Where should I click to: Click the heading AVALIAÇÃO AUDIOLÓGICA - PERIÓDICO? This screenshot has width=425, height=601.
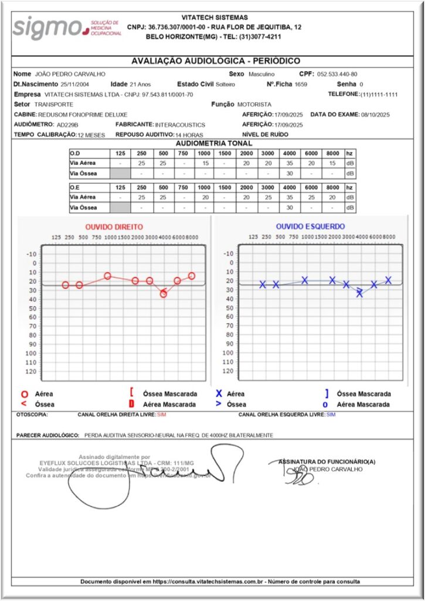[216, 61]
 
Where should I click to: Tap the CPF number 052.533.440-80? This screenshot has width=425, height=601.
[337, 75]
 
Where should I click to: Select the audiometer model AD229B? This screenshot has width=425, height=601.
[67, 125]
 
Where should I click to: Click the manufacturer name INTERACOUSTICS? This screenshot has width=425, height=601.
[180, 125]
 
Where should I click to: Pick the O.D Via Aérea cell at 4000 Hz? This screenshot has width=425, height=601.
[290, 163]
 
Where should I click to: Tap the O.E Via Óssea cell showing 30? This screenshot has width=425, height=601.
[290, 208]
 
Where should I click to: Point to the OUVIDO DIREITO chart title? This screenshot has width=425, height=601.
[114, 227]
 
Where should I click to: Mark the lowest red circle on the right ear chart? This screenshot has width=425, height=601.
[164, 294]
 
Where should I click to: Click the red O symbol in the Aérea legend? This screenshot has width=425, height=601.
[24, 394]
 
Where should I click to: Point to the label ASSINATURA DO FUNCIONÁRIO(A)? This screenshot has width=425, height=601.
[327, 461]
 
